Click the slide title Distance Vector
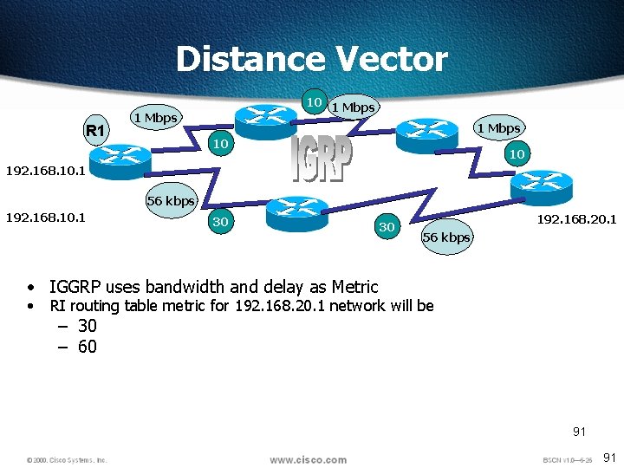click(311, 60)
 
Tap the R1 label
click(94, 131)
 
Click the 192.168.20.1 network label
click(576, 219)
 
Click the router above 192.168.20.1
click(540, 185)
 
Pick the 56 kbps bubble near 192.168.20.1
click(446, 237)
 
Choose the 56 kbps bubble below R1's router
click(171, 201)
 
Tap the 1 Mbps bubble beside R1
click(154, 118)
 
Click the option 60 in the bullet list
click(87, 348)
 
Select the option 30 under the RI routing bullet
click(87, 327)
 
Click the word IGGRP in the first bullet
click(76, 287)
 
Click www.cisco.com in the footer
click(308, 459)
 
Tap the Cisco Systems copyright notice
click(67, 459)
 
